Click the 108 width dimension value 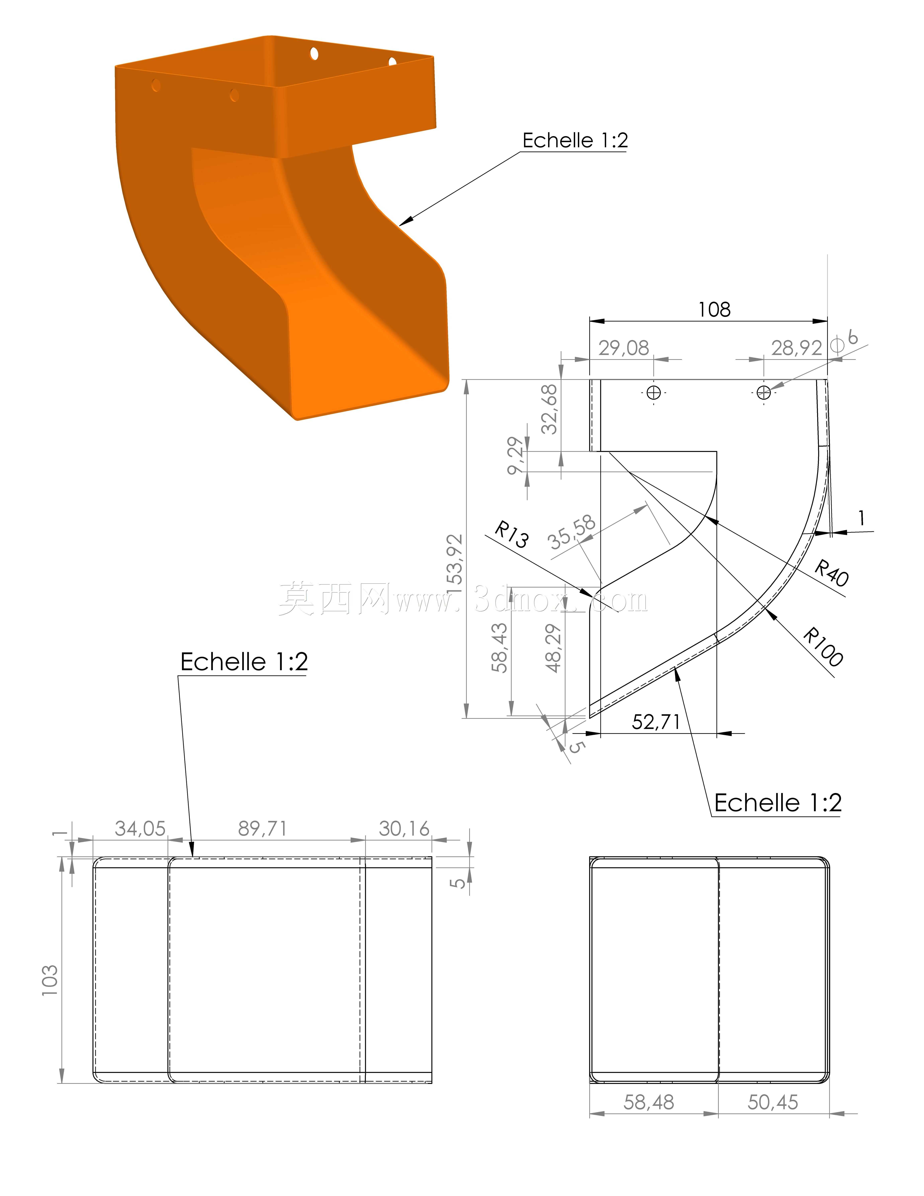click(714, 310)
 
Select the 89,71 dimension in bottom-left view click(262, 829)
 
